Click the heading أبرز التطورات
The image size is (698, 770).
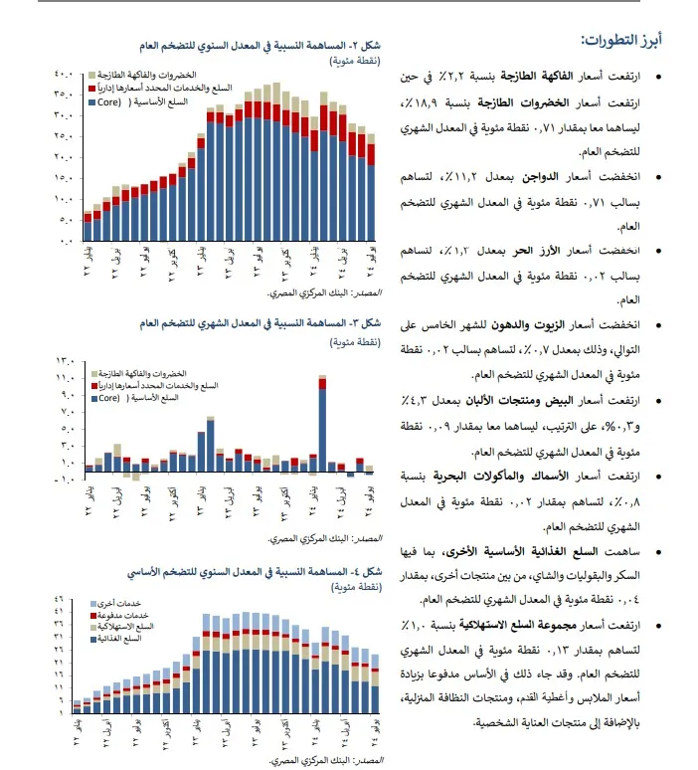coord(622,40)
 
